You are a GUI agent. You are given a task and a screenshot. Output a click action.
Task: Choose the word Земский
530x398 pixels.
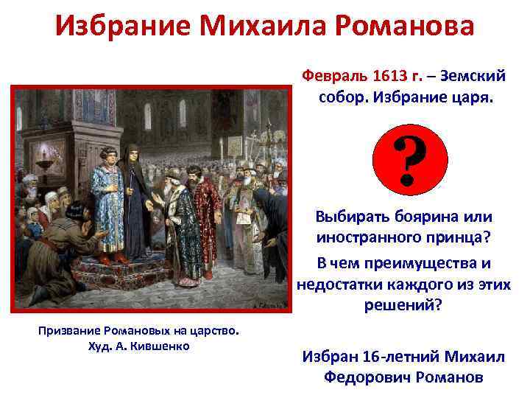478,77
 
